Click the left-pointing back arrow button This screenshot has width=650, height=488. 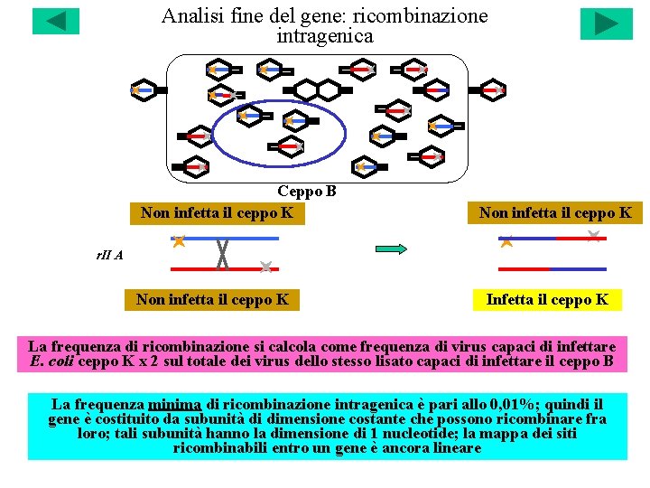click(x=56, y=22)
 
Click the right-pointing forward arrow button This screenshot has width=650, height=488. click(x=606, y=23)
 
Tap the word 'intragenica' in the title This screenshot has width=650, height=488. click(x=324, y=36)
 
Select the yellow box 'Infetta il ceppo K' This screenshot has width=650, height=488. click(x=548, y=299)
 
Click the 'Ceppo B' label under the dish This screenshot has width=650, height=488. click(x=307, y=192)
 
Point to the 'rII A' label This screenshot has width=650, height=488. click(x=109, y=255)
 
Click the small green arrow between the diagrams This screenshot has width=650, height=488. click(x=391, y=249)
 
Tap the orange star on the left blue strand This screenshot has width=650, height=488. click(x=179, y=240)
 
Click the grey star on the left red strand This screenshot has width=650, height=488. click(x=265, y=267)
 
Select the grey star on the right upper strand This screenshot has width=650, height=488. click(x=593, y=236)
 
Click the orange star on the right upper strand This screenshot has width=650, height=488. click(x=506, y=241)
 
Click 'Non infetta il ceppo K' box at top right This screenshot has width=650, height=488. click(x=555, y=213)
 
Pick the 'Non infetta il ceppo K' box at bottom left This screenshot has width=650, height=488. click(x=212, y=299)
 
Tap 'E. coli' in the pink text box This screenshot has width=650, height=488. click(x=51, y=361)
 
